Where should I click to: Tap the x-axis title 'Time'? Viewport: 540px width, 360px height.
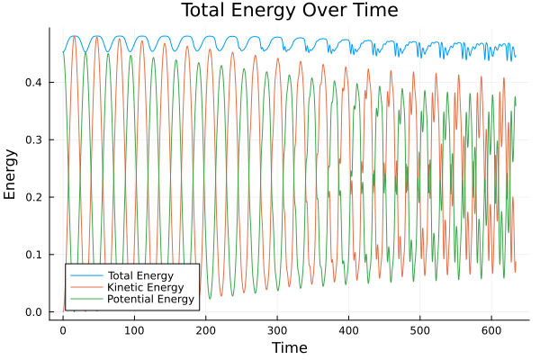[x=289, y=347]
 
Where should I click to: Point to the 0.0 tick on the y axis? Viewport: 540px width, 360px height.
[x=33, y=312]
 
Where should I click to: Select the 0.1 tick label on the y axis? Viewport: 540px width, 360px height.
[x=33, y=255]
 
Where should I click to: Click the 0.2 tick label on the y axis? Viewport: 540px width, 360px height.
[x=33, y=197]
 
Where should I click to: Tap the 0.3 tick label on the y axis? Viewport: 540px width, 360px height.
[x=33, y=139]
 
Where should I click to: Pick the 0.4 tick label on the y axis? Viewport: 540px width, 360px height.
[x=33, y=82]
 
